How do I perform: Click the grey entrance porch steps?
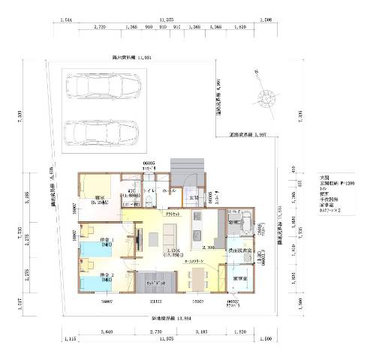coord(188,167)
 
